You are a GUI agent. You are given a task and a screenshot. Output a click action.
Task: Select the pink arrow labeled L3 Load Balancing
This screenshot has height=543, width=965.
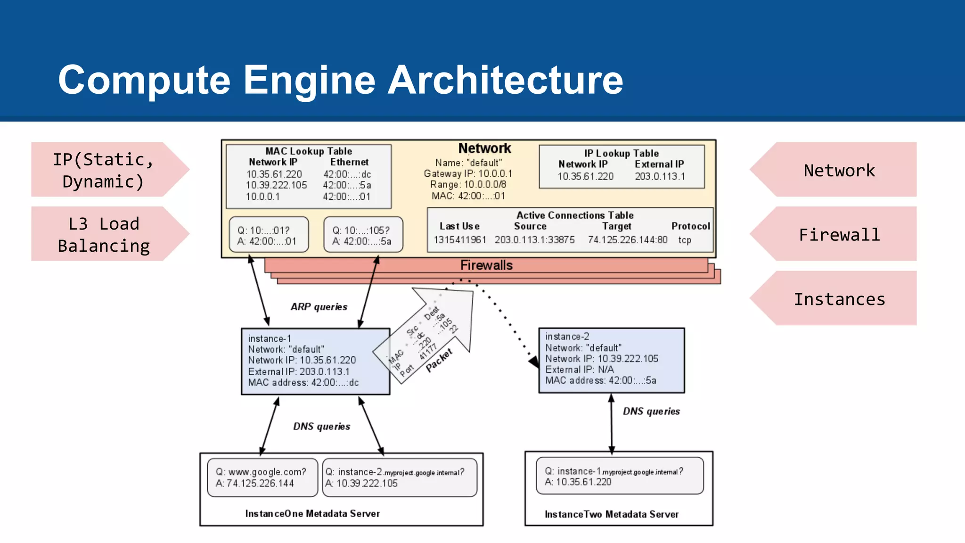point(104,234)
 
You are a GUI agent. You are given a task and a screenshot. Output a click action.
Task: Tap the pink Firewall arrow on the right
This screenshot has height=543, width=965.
point(839,234)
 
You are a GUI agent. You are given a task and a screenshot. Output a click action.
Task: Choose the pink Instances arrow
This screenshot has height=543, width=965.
point(839,299)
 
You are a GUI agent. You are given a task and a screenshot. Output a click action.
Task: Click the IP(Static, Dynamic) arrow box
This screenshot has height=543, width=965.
point(104,170)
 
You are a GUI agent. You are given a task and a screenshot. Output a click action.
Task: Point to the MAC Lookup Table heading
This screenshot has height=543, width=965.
point(309,151)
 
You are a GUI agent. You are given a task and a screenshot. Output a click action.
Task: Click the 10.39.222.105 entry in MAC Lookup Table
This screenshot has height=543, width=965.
point(276,185)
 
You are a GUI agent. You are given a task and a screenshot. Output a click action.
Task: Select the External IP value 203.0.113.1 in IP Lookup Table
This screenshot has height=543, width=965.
point(660,176)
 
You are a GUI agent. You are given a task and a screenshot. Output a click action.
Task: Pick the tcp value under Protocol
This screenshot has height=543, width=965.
point(685,240)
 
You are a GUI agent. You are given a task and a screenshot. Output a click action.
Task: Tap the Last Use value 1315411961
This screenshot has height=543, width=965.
point(460,240)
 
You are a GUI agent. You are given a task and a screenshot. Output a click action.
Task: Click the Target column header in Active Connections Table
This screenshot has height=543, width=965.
point(616,226)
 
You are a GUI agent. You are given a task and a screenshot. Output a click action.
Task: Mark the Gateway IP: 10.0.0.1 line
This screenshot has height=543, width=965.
point(468,173)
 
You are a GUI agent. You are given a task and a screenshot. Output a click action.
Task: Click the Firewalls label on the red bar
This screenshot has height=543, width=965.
point(486,265)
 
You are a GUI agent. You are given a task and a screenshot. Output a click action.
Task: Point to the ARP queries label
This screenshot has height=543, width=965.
point(319,307)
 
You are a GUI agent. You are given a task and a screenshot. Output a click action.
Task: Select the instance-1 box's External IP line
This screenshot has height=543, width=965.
point(299,371)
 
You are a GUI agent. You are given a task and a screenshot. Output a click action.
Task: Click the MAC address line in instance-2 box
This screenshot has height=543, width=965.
point(600,380)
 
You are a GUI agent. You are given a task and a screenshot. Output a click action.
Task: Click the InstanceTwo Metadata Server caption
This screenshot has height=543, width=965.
point(612,514)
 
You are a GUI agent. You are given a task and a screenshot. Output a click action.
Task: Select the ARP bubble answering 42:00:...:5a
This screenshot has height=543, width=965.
point(363,235)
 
